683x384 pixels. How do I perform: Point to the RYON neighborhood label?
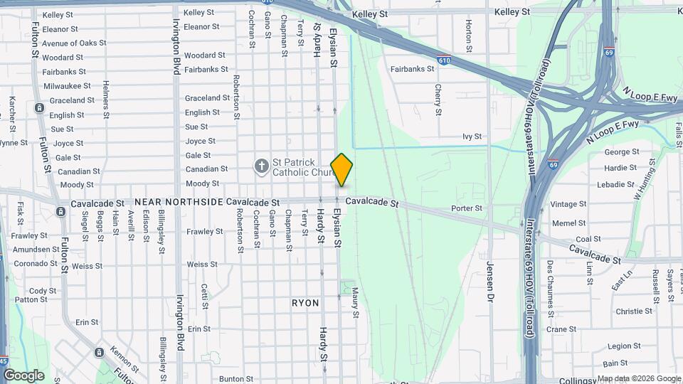click(305, 303)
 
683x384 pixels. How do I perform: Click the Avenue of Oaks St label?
click(74, 43)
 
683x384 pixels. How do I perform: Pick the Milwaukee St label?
click(68, 86)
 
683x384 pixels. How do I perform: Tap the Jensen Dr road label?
click(489, 282)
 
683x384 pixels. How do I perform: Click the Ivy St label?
click(472, 136)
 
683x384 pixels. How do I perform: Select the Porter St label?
click(467, 208)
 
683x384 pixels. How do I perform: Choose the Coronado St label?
click(35, 263)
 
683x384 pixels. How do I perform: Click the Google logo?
click(23, 375)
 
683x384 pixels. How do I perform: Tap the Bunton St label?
click(232, 379)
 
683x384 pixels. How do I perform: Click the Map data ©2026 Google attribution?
click(639, 378)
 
